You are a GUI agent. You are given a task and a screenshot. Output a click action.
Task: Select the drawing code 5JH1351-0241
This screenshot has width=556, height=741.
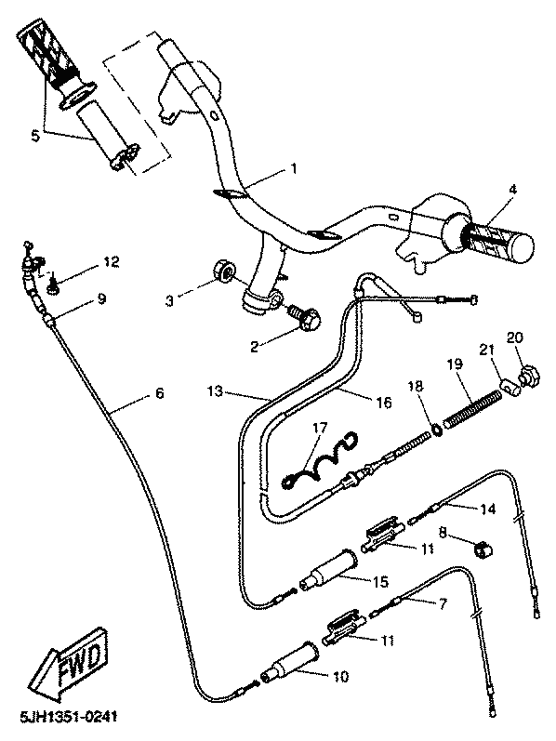tap(69, 717)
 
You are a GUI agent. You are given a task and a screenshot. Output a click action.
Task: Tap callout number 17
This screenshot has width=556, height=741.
tap(320, 429)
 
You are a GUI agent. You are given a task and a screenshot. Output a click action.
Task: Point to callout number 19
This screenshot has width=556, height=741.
tap(456, 364)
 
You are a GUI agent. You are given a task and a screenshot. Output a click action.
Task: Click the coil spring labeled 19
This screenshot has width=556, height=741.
tap(473, 406)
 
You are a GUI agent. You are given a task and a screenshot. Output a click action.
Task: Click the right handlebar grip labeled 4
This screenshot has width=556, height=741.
tap(493, 240)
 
